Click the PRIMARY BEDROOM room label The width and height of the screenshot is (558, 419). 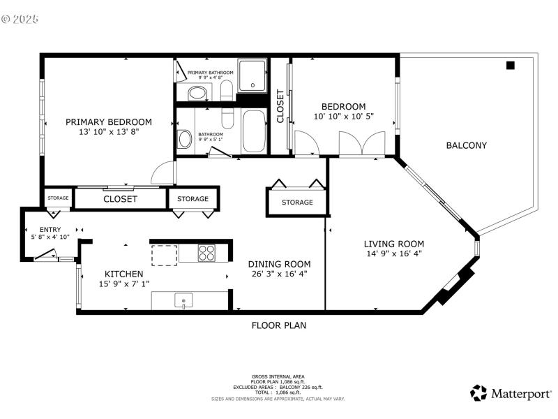pos(109,122)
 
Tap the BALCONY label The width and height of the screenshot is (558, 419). pos(466,145)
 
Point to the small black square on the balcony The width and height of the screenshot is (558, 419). pos(510,66)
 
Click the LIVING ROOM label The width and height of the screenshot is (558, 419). pos(394,244)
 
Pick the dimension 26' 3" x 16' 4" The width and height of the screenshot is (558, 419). pos(279,274)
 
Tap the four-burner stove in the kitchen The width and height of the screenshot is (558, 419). pos(206,253)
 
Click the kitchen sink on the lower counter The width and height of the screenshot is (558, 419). pos(183,302)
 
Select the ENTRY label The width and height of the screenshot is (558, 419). pos(50,229)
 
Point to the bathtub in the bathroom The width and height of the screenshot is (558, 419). pos(254,131)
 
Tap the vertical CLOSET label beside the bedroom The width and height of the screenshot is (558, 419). pos(280,106)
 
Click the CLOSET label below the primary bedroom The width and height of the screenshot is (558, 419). pos(120,199)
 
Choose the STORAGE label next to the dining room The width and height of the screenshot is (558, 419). pos(297,203)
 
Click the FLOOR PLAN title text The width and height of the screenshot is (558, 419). pos(278,325)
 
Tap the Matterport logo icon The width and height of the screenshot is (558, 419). pos(478,392)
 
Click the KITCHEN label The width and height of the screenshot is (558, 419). pos(124,274)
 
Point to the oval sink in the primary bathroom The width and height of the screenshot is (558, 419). pos(198,93)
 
